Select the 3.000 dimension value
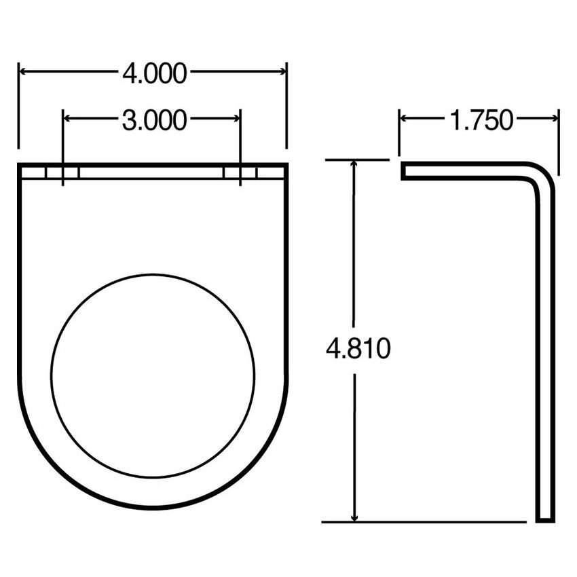tap(154, 121)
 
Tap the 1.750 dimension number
tap(481, 121)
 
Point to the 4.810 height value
tap(358, 350)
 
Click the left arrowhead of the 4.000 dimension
tap(24, 71)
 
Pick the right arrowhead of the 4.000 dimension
tap(280, 71)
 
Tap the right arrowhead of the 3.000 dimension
tap(234, 118)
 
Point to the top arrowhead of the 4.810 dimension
tap(354, 167)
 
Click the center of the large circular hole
tap(153, 375)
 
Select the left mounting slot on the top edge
tap(62, 172)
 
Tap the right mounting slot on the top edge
tap(240, 172)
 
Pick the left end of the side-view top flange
tap(404, 171)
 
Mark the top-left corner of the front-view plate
tap(20, 165)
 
